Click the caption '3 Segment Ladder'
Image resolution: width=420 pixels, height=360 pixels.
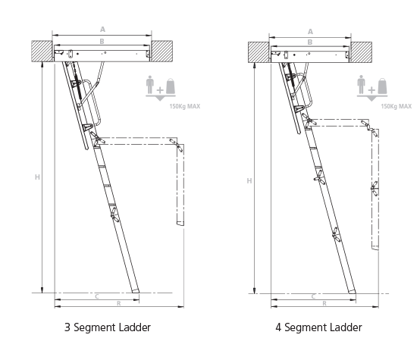pos(108,327)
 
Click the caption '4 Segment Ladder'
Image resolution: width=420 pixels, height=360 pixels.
pos(318,327)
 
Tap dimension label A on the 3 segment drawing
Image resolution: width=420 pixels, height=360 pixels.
pos(102,30)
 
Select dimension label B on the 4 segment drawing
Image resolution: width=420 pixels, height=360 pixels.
pos(310,42)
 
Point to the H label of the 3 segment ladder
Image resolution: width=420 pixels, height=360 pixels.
pos(37,177)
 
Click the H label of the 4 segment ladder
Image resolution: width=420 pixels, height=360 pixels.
pos(249,181)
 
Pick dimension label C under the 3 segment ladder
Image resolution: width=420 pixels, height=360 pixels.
pos(97,296)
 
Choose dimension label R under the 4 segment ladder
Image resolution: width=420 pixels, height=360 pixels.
pos(324,303)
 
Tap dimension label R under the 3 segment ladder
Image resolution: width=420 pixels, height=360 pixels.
pos(119,303)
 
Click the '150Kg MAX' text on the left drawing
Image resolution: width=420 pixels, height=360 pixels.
pos(184,106)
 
